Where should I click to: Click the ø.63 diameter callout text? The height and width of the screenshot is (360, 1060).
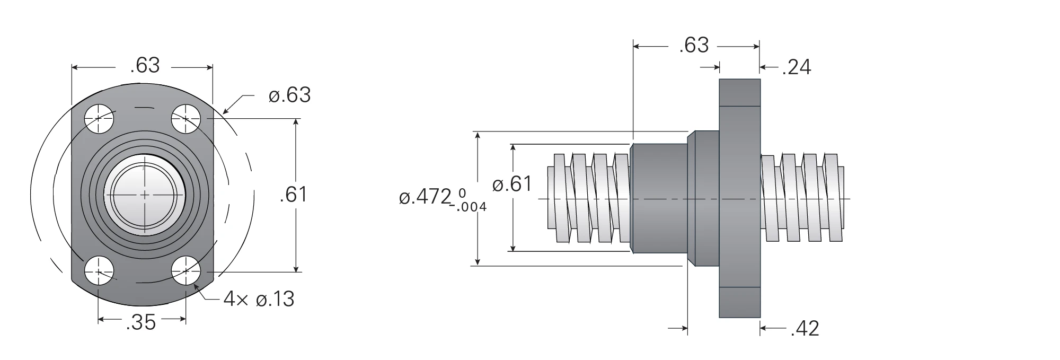coord(289,95)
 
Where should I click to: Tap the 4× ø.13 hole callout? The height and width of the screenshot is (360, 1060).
coord(259,299)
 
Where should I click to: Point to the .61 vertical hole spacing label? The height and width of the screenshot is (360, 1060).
coord(293,195)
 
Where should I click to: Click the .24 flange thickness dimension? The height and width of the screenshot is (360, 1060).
coord(797,67)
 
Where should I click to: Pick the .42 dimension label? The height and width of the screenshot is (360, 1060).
coord(805,329)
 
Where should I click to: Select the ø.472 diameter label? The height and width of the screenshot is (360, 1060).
coord(425,197)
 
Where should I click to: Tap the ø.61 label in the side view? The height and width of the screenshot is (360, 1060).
coord(512,184)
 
